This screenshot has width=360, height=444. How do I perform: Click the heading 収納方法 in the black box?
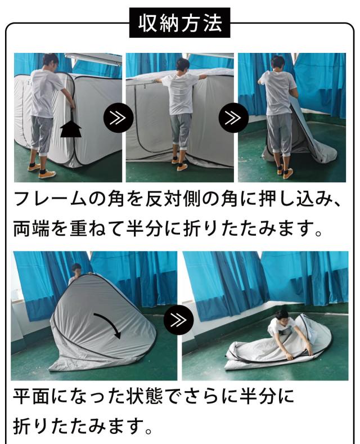point(179,24)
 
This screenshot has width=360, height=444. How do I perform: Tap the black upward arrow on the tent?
point(70,130)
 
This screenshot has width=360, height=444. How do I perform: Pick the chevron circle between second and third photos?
point(229,119)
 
